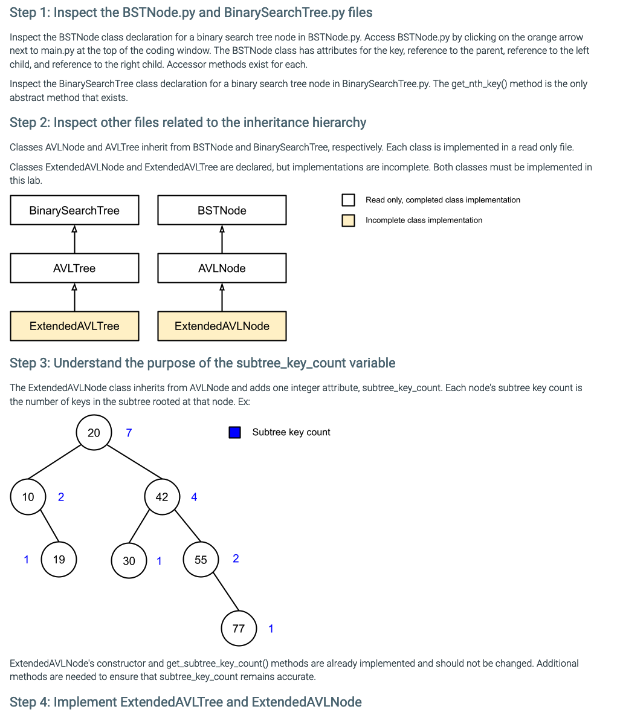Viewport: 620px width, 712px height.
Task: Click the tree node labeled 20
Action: click(94, 433)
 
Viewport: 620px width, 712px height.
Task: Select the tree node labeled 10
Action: click(28, 497)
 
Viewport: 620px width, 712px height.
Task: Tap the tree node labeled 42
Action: click(162, 497)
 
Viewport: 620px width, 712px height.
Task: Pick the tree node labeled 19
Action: click(59, 559)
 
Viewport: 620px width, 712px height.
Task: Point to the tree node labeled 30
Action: click(129, 560)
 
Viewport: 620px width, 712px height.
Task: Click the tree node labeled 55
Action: click(201, 560)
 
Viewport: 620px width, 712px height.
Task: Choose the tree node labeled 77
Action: click(239, 629)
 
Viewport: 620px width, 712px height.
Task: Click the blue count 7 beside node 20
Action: click(129, 433)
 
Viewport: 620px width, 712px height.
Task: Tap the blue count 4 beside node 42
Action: click(194, 497)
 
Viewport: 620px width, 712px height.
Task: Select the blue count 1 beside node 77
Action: click(271, 629)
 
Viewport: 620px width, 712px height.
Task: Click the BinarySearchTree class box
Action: click(74, 210)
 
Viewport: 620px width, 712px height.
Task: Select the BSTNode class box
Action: click(222, 210)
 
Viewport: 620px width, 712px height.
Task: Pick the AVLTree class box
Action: click(74, 268)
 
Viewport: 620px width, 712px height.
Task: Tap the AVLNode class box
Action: click(222, 268)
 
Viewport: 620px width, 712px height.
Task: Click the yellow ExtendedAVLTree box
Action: click(74, 326)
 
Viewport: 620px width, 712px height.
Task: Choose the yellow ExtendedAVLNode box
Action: click(222, 326)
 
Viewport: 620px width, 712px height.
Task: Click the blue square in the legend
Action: click(235, 432)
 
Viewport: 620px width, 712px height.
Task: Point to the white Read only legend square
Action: click(348, 200)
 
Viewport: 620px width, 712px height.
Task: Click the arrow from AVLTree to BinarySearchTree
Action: click(74, 239)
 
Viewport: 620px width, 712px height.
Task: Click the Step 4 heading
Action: click(186, 702)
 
